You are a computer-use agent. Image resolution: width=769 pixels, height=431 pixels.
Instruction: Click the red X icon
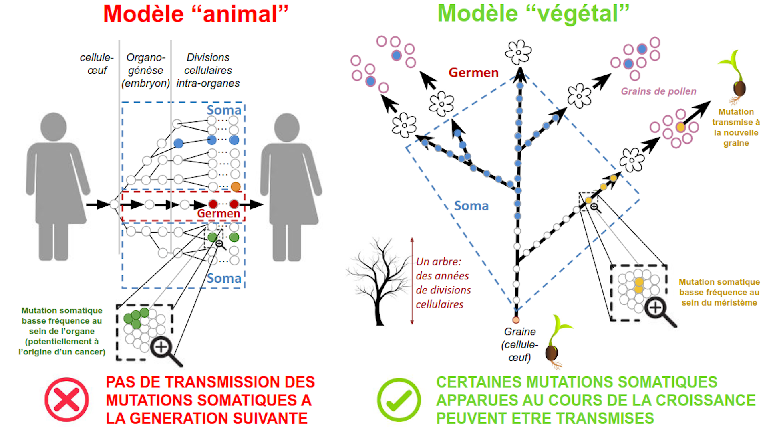[66, 399]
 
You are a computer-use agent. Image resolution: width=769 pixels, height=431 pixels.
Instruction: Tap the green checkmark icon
[399, 399]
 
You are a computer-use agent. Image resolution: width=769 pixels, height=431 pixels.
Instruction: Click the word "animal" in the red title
[240, 14]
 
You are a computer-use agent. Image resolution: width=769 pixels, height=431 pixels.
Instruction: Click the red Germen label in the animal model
[218, 214]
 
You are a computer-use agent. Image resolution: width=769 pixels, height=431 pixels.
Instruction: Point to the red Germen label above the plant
[473, 73]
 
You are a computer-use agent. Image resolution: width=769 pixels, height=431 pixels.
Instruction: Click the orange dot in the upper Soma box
[236, 186]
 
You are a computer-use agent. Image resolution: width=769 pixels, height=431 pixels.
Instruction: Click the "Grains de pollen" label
[658, 91]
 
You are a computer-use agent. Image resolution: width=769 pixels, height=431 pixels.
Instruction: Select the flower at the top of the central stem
[518, 52]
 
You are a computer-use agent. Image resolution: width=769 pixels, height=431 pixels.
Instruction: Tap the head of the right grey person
[287, 127]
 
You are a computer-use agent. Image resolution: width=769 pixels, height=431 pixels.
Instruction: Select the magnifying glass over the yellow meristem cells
[659, 311]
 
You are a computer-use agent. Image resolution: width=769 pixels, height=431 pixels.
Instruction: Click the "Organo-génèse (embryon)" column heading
[145, 70]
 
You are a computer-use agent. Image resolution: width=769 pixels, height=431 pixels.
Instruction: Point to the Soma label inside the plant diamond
[471, 206]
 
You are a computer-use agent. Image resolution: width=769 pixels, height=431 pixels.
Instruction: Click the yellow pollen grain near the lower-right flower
[680, 127]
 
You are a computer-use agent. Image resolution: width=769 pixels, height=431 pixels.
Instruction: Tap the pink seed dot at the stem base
[516, 320]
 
